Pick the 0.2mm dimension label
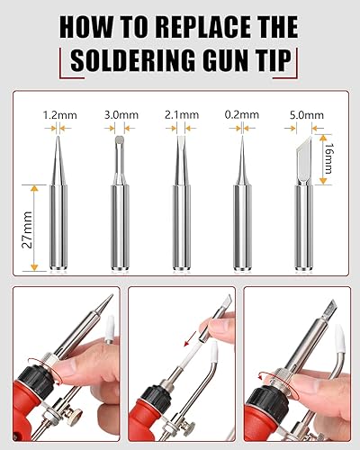tap(241, 115)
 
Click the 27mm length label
tap(27, 228)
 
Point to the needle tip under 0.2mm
tap(241, 207)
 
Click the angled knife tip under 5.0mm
tap(302, 207)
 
